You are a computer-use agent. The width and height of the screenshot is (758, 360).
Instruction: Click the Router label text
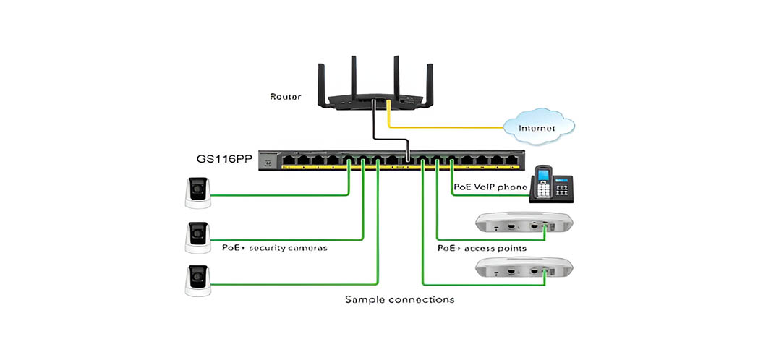[286, 96]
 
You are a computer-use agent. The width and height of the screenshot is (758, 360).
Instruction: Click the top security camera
[198, 193]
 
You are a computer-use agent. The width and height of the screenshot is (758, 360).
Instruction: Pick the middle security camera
[198, 237]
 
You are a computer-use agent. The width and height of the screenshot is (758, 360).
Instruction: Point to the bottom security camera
[198, 280]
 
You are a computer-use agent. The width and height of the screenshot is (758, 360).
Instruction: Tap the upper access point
[523, 223]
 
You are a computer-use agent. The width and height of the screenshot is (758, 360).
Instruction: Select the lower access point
[523, 267]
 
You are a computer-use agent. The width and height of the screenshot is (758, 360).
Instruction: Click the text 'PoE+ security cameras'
[276, 247]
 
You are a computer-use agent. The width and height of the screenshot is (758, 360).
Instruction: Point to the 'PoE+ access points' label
[482, 247]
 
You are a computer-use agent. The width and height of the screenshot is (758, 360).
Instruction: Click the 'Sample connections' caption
[399, 299]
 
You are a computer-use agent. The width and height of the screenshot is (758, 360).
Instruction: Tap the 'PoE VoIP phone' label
[490, 187]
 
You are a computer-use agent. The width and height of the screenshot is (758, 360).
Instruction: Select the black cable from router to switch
[373, 123]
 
